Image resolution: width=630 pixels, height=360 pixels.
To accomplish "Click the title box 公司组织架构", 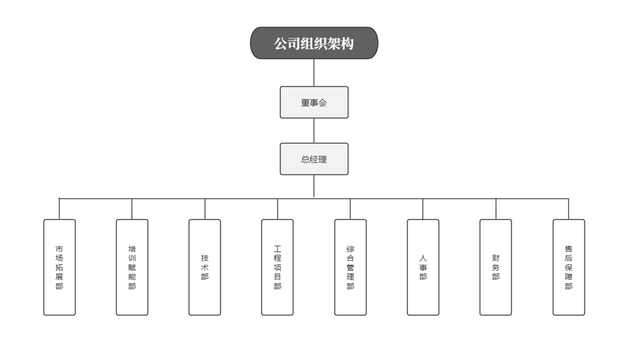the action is click(x=314, y=43).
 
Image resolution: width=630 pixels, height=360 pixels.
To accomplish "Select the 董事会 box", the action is click(x=314, y=103).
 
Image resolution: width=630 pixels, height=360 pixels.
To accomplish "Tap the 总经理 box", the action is click(x=314, y=159).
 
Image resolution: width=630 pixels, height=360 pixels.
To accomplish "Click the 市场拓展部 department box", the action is click(x=59, y=267).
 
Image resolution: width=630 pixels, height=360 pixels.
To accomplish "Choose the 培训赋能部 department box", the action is click(x=132, y=267).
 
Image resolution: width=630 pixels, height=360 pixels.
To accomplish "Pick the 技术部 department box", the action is click(x=205, y=267).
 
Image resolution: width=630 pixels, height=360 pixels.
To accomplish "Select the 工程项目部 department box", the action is click(x=277, y=267).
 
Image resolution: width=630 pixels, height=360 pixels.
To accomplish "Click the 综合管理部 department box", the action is click(x=351, y=267).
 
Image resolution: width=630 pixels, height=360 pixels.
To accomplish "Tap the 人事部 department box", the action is click(x=423, y=267).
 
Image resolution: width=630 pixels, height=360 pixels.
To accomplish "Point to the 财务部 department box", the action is click(x=495, y=267).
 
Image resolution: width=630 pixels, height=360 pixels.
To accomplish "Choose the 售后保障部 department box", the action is click(x=569, y=267).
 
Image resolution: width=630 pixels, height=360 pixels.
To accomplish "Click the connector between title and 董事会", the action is click(x=314, y=73).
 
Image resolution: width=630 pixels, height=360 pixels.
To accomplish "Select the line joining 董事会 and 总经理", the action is click(x=314, y=131).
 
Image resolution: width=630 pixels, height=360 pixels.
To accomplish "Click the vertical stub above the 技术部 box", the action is click(x=205, y=209).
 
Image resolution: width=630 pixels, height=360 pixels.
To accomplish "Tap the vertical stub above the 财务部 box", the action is click(x=496, y=209).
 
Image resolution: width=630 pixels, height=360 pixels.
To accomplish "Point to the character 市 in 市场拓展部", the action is click(x=59, y=249).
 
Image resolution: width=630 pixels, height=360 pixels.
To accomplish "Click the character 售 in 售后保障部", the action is click(x=569, y=249).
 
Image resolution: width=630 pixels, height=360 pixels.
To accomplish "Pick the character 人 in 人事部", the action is click(x=423, y=258).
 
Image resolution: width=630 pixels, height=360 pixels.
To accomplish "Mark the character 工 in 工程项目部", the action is click(x=277, y=249).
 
